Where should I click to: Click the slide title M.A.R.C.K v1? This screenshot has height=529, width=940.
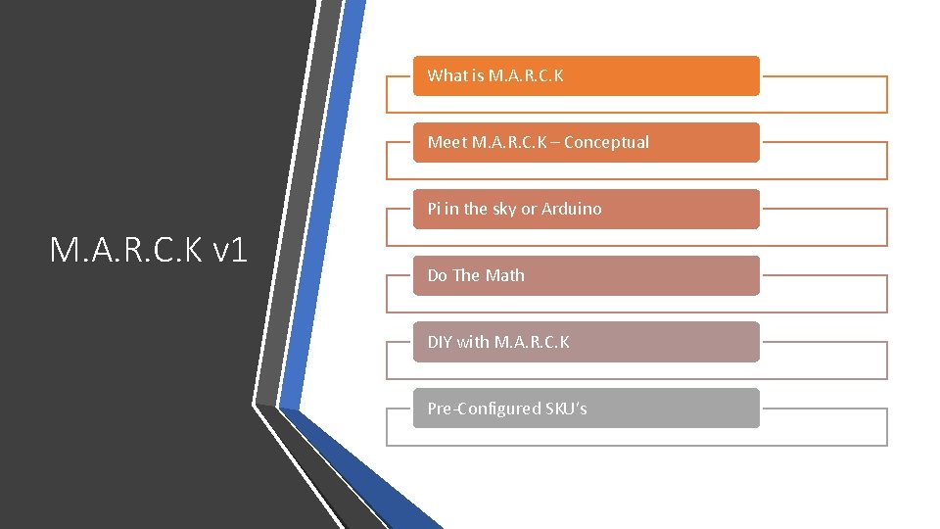[x=149, y=252]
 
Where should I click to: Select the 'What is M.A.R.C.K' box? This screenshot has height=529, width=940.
[x=586, y=75]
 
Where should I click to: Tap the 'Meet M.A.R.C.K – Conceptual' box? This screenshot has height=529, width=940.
[x=586, y=142]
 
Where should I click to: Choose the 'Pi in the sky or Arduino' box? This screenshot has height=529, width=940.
[x=586, y=209]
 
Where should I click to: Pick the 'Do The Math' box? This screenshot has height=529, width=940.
[x=586, y=275]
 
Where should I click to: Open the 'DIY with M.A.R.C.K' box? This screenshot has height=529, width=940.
[x=586, y=342]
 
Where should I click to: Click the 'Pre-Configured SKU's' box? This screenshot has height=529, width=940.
[x=586, y=409]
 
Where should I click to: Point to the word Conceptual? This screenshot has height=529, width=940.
[x=606, y=142]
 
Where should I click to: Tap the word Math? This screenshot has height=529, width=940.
[x=505, y=275]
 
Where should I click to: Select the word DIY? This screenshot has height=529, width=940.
[x=440, y=342]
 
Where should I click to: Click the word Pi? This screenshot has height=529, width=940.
[x=434, y=209]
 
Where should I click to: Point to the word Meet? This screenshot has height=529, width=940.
[x=446, y=142]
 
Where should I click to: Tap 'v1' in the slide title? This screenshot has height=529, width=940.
[x=229, y=252]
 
